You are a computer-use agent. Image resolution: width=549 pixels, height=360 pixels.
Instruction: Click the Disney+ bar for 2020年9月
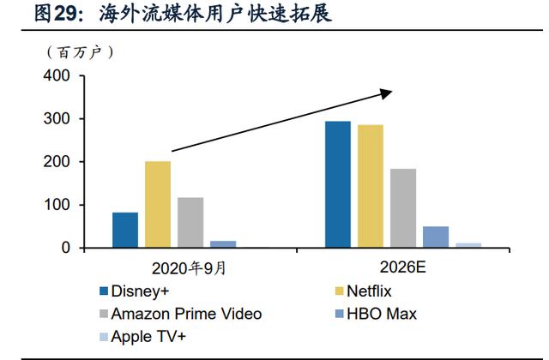tap(125, 230)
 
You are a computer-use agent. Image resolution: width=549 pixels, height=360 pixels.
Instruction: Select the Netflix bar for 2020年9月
tap(158, 205)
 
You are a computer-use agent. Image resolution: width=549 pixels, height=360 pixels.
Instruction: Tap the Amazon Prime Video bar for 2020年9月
tap(190, 223)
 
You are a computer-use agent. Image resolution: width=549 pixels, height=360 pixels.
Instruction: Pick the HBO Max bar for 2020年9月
tap(223, 244)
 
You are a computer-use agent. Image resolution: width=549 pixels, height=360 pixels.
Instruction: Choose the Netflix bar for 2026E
tap(371, 186)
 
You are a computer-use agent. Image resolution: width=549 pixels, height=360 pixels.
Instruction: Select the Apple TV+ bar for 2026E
tap(468, 245)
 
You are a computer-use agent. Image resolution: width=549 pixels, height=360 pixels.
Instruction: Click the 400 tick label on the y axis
tap(57, 75)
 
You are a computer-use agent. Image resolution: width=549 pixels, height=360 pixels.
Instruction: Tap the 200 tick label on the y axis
tap(57, 162)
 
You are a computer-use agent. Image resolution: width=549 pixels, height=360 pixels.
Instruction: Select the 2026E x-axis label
tap(403, 267)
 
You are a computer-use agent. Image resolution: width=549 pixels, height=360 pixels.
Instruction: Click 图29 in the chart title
tap(55, 14)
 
